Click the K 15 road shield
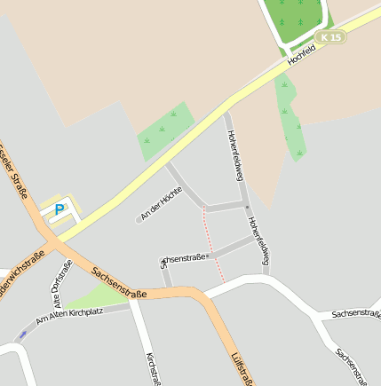(331, 36)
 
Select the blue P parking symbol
(60, 209)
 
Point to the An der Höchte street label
(162, 203)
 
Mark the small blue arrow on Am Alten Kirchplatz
(21, 335)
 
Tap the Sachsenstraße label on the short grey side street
(183, 259)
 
